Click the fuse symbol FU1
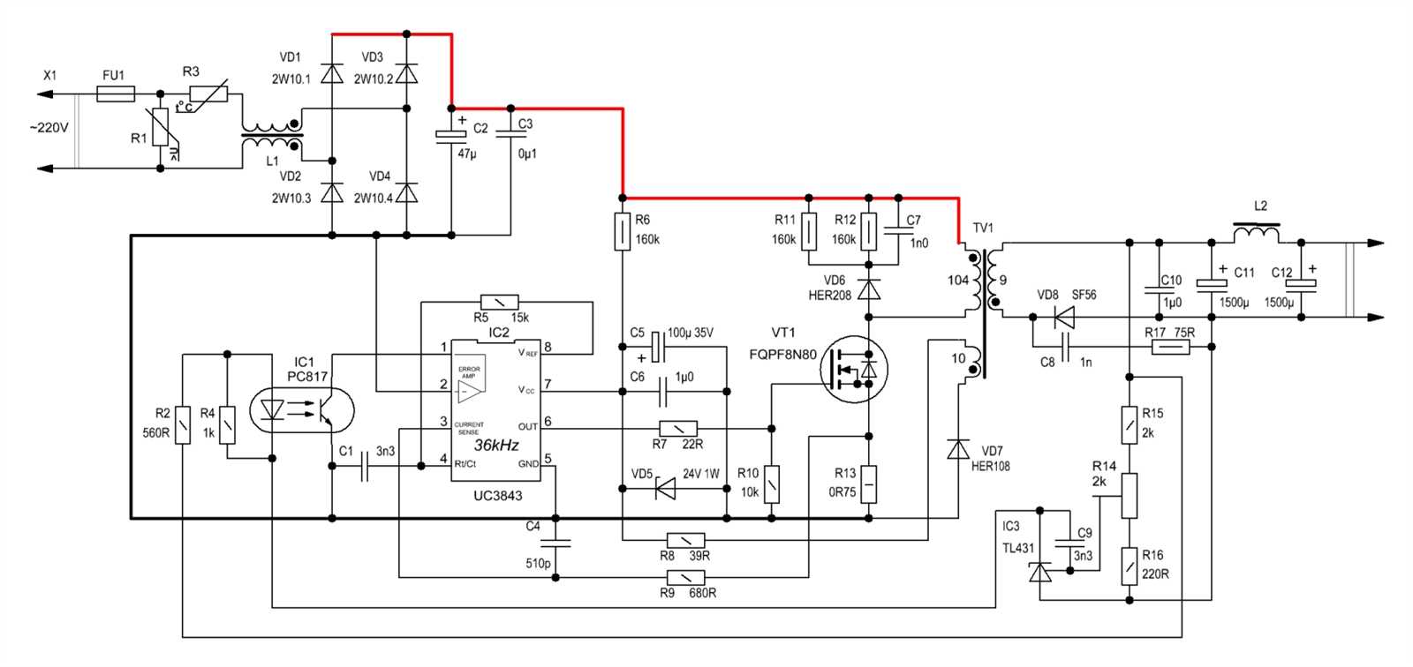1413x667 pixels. [116, 94]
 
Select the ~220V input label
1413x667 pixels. [48, 128]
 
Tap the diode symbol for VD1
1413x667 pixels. [332, 71]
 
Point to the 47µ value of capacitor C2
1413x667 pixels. [466, 153]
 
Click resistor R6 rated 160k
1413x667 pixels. [623, 231]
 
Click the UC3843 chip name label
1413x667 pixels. [497, 496]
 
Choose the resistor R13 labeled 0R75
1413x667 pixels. [869, 483]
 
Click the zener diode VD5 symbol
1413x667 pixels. [665, 488]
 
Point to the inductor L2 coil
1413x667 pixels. [1256, 233]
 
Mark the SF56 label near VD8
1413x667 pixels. [1084, 295]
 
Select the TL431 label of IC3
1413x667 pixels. [1017, 548]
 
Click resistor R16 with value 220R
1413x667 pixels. [1129, 566]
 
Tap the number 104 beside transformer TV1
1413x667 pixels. [958, 281]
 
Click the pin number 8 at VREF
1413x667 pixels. [548, 347]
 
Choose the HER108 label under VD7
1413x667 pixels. [990, 466]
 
